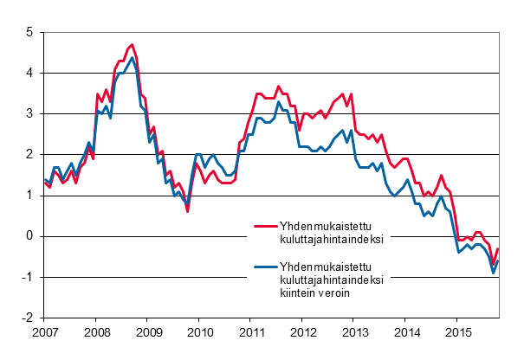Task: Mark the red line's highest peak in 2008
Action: click(132, 45)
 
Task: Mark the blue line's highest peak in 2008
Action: click(132, 58)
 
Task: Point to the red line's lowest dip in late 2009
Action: click(188, 210)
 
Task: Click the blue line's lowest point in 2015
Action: click(494, 273)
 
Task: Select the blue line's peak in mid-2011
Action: click(279, 102)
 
